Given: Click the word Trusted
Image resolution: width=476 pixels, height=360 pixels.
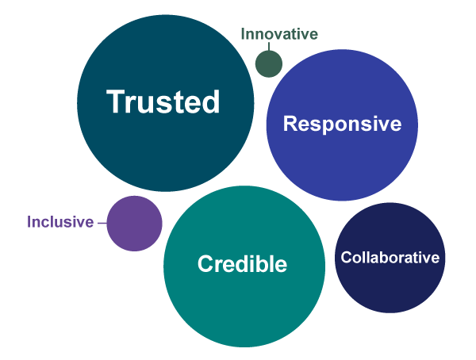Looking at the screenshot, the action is click(163, 101).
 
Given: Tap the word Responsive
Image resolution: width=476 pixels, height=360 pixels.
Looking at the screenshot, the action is click(342, 124).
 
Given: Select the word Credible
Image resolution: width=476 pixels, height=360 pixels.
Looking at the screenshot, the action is click(242, 263).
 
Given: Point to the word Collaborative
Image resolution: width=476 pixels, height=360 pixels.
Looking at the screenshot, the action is click(390, 258).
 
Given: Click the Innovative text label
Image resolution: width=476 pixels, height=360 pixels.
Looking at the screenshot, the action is click(279, 33).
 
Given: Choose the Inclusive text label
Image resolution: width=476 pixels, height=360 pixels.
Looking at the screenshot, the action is click(60, 221).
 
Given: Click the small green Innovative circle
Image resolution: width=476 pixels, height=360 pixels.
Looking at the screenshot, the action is click(269, 63).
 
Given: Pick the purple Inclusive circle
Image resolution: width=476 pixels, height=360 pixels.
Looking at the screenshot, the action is click(135, 224).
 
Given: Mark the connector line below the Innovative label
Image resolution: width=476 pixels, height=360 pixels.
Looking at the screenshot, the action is click(269, 46).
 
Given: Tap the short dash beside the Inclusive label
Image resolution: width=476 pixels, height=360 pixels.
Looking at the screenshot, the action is click(102, 223).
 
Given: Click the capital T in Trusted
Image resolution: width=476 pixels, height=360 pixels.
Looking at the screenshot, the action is click(116, 101).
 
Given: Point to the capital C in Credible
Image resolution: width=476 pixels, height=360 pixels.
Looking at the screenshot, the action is click(205, 263).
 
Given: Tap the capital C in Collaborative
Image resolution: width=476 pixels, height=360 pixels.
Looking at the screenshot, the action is click(346, 258).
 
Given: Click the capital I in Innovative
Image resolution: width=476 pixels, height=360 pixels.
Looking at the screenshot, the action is click(243, 33).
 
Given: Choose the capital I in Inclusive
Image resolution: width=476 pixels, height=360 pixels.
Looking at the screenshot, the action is click(29, 221).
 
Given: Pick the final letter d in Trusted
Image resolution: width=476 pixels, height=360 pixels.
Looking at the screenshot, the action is click(211, 101).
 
